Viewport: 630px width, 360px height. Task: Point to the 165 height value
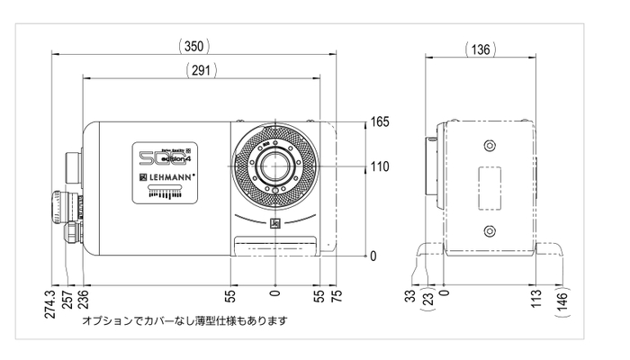pos(380,123)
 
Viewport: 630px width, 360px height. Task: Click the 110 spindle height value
pos(380,166)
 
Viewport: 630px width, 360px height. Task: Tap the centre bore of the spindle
pos(274,167)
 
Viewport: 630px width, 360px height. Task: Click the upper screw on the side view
pos(489,146)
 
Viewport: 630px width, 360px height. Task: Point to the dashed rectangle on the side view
pos(489,186)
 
